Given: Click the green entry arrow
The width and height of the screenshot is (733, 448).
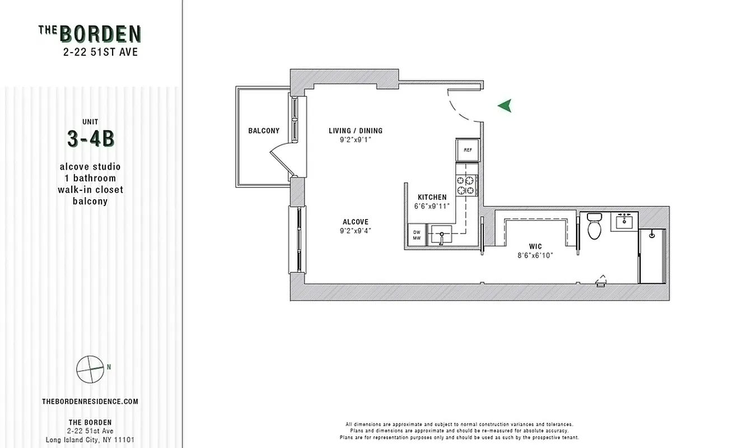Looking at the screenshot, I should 505,105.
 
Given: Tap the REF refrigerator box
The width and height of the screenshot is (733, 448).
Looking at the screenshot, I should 468,150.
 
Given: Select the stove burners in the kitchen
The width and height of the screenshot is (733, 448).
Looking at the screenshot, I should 466,185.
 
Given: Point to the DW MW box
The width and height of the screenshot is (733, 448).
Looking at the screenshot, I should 416,235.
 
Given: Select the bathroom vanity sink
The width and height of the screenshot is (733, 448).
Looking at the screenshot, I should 624,222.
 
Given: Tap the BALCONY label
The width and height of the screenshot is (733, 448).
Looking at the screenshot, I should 264,131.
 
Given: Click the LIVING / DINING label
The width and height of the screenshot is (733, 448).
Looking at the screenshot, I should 356,131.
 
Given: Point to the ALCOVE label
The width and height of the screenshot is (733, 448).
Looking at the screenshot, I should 356,222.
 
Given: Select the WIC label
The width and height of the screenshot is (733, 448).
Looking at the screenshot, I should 535,246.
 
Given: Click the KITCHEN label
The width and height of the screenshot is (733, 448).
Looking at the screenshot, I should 432,197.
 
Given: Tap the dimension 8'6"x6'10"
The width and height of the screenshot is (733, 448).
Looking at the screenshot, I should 535,255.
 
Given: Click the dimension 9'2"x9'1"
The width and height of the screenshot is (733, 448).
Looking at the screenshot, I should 356,140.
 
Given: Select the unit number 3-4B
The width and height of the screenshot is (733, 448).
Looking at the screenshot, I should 90,139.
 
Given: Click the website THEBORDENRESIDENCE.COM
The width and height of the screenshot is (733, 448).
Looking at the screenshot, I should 90,402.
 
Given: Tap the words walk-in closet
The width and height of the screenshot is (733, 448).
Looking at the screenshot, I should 90,190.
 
